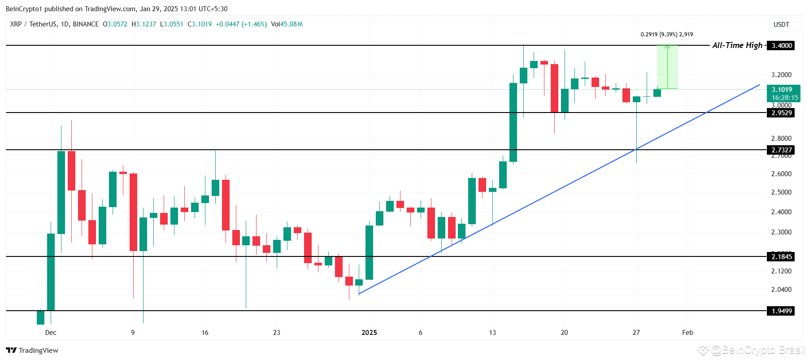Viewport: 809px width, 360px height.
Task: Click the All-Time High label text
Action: [737, 45]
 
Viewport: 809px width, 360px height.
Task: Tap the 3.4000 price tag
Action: [781, 46]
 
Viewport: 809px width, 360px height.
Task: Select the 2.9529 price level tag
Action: [781, 113]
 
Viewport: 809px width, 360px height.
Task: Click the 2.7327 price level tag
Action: [781, 150]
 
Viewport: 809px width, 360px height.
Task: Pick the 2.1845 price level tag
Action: [781, 257]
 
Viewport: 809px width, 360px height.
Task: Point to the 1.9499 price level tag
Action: [781, 311]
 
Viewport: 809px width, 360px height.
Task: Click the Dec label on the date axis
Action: [51, 333]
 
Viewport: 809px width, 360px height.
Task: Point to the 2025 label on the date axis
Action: [369, 333]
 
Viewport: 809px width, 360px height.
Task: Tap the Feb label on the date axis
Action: [687, 333]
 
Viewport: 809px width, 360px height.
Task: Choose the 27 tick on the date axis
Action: [636, 333]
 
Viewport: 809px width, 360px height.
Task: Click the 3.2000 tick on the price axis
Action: [781, 75]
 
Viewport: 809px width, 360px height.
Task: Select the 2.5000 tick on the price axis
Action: [781, 192]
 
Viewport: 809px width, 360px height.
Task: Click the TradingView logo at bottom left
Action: [32, 351]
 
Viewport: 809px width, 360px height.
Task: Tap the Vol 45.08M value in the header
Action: [287, 24]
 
